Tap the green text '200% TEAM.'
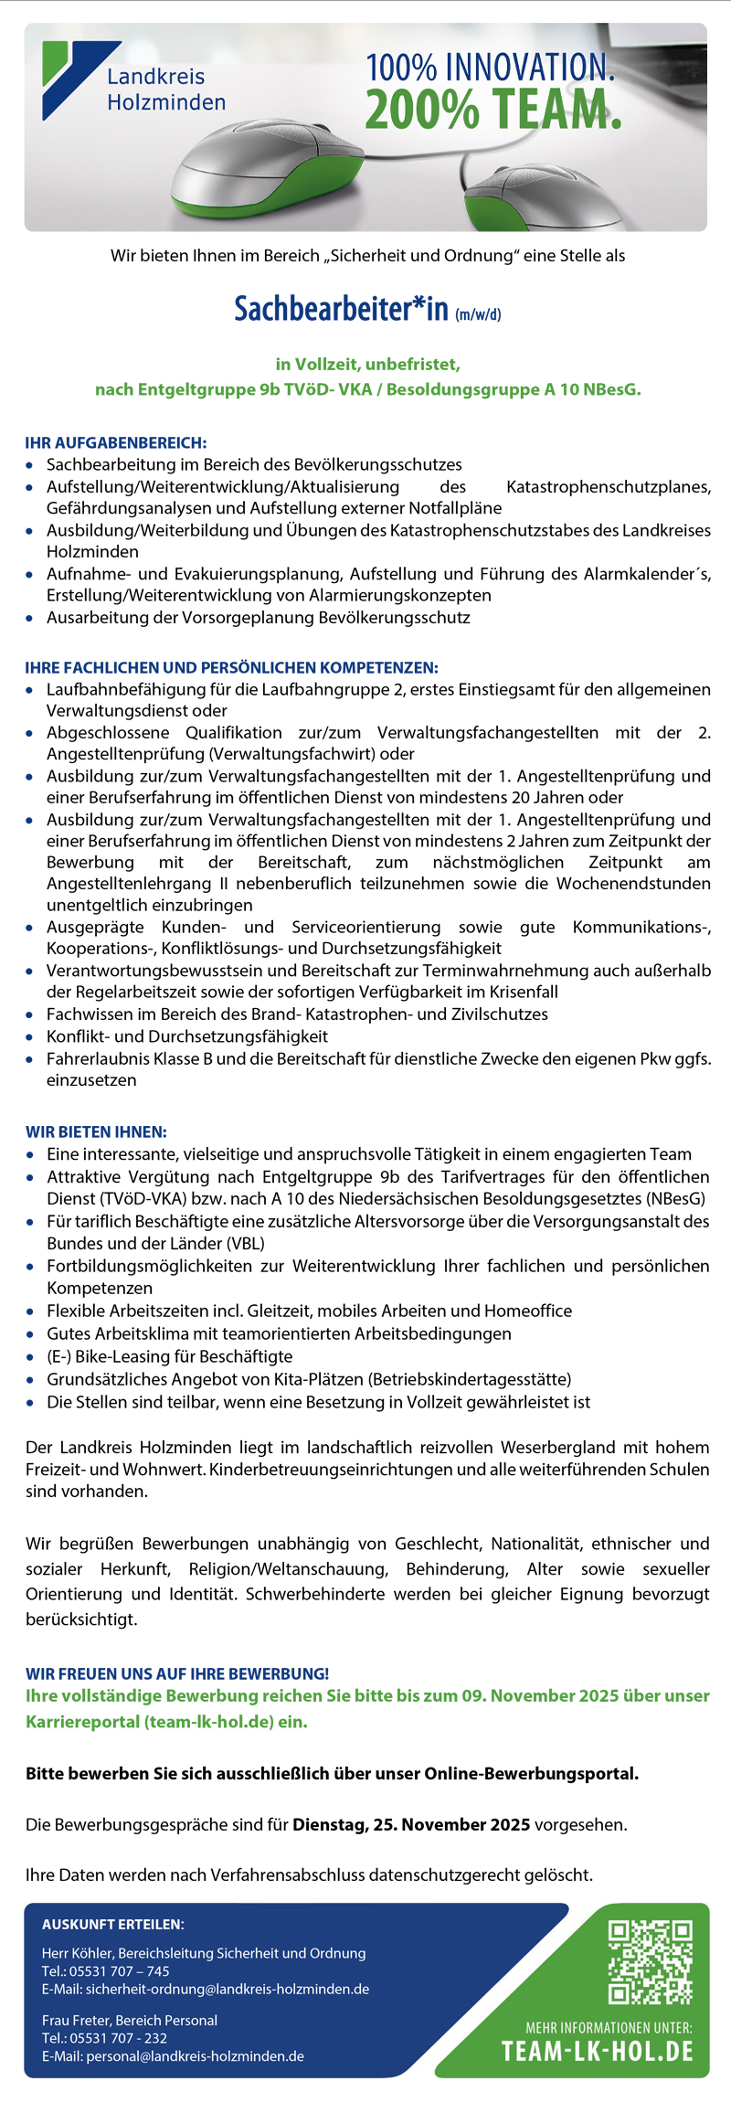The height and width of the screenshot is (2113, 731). click(493, 110)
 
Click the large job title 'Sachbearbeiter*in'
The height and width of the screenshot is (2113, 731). click(341, 309)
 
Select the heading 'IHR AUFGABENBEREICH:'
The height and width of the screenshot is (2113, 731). click(116, 443)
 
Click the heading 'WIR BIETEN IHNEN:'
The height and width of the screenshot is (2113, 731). click(96, 1131)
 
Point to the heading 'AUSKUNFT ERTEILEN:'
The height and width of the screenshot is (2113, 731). click(113, 1924)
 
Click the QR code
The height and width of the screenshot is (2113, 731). click(650, 1961)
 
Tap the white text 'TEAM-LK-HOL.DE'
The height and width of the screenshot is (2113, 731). click(598, 2051)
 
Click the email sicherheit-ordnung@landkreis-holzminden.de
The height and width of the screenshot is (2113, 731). click(228, 1989)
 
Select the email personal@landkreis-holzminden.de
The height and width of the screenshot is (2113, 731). click(195, 2055)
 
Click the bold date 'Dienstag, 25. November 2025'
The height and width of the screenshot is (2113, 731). click(411, 1824)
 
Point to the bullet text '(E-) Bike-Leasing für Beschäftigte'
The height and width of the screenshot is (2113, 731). click(170, 1356)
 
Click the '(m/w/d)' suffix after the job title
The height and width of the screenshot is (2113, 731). click(478, 314)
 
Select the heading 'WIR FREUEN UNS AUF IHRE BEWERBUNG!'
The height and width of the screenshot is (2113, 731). click(177, 1673)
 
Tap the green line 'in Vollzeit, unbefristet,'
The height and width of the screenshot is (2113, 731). click(367, 364)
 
